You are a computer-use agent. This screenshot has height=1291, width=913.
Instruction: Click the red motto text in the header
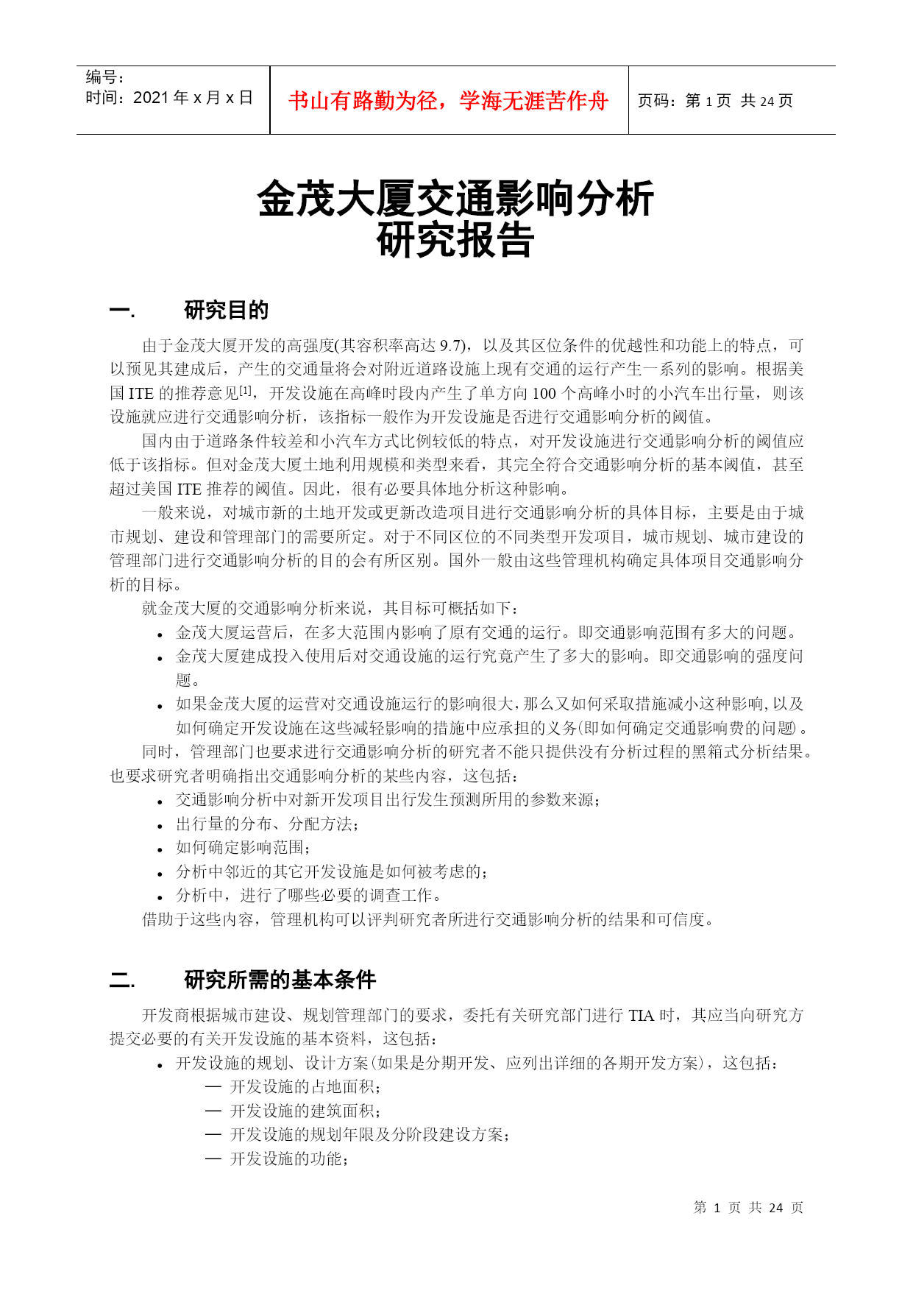[x=448, y=101]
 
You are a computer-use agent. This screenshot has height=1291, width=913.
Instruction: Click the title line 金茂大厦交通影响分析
[x=455, y=199]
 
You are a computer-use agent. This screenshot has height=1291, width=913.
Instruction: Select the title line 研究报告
[x=455, y=241]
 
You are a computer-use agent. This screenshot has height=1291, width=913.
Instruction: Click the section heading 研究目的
[x=226, y=311]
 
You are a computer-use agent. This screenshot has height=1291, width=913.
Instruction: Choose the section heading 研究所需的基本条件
[x=280, y=980]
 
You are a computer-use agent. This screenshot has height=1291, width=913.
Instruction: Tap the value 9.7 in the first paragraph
[x=451, y=346]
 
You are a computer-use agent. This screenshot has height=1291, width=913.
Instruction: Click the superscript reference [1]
[x=246, y=390]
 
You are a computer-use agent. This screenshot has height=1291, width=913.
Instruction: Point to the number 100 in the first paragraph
[x=544, y=394]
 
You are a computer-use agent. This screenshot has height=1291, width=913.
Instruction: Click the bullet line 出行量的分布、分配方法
[x=266, y=824]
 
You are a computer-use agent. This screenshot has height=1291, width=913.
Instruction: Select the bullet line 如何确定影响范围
[x=243, y=848]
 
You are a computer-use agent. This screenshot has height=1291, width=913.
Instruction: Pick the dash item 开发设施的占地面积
[x=305, y=1087]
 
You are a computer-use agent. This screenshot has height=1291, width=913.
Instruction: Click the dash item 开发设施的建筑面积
[x=305, y=1111]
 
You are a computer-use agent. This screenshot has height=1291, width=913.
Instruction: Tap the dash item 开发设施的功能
[x=288, y=1159]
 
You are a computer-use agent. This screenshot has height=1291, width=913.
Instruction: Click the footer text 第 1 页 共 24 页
[x=748, y=1208]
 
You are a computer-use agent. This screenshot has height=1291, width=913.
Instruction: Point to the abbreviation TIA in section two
[x=641, y=1016]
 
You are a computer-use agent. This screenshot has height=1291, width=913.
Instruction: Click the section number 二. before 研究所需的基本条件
[x=122, y=980]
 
